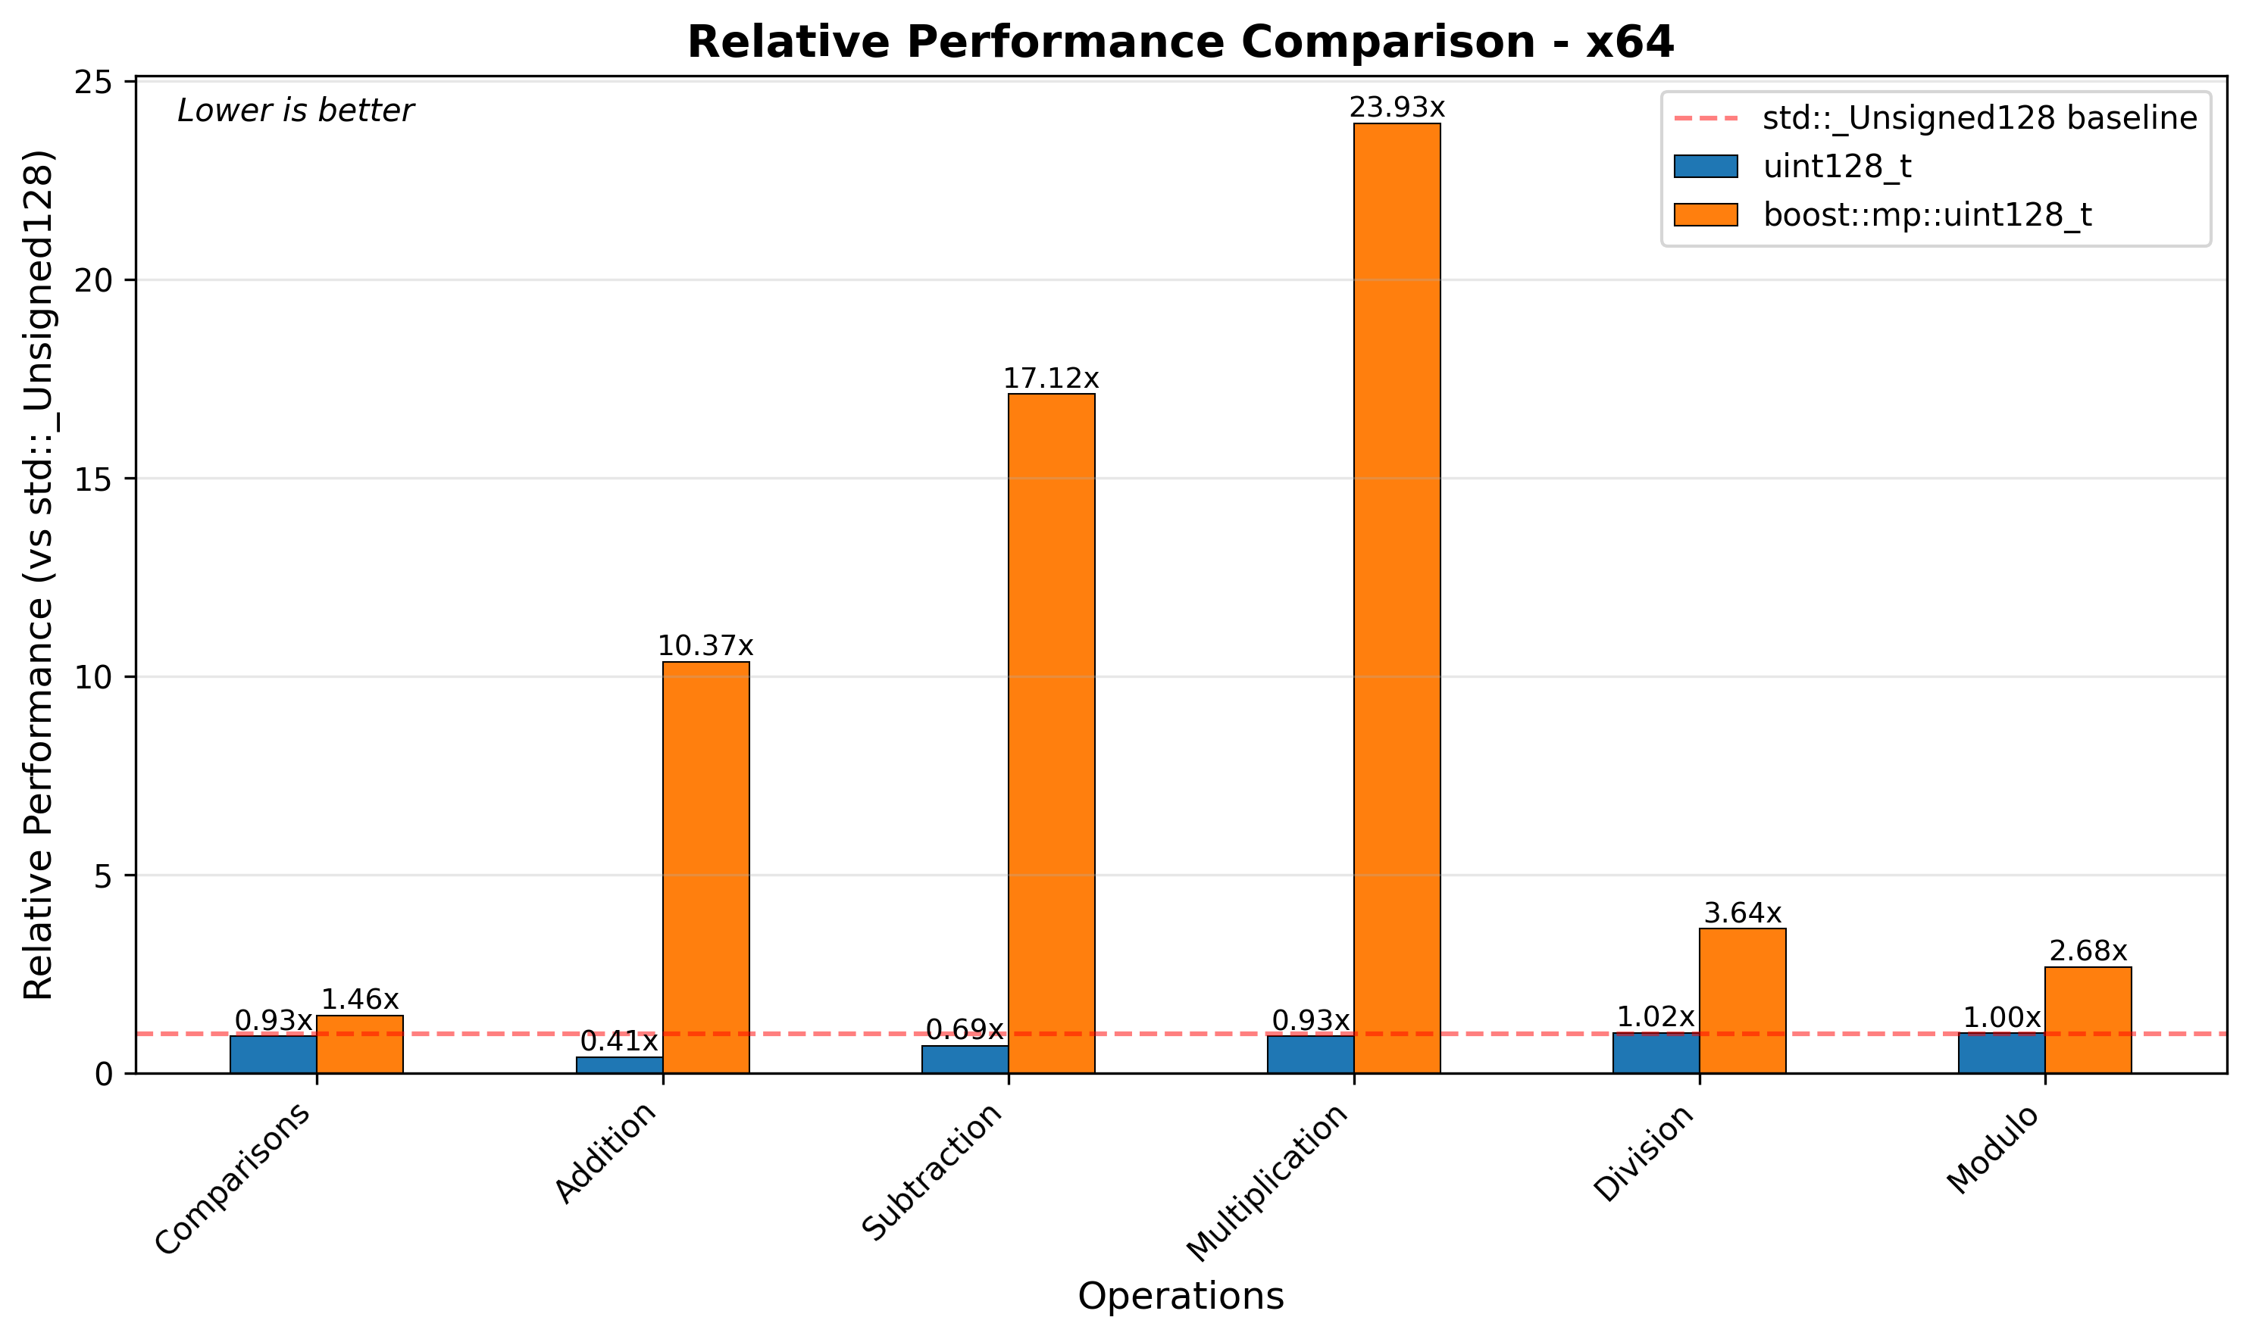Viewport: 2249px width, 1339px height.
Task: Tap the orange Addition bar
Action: click(705, 867)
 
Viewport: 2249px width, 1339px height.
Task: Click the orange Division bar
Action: click(1742, 1000)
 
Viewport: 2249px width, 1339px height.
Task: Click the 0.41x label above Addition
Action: click(618, 1041)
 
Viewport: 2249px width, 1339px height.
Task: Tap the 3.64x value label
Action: click(1742, 913)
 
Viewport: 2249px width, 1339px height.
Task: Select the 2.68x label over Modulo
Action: click(2088, 951)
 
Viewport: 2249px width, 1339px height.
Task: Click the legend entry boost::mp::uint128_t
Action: click(1927, 215)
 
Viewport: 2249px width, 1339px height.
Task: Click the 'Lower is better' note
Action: click(295, 111)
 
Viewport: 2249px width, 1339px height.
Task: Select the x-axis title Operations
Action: click(1180, 1296)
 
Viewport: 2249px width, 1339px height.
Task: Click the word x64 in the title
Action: click(1629, 42)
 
